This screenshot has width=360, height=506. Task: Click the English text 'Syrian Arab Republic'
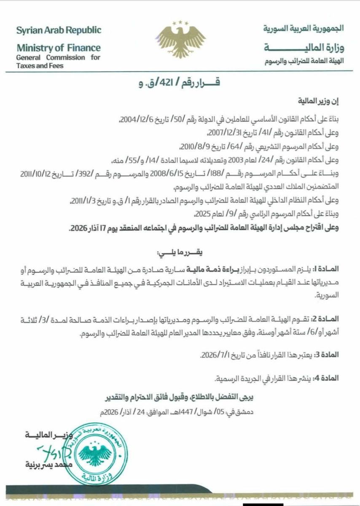[59, 30]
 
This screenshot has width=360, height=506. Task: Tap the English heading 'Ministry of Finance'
[59, 48]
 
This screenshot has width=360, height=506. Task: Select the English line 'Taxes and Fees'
[38, 66]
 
